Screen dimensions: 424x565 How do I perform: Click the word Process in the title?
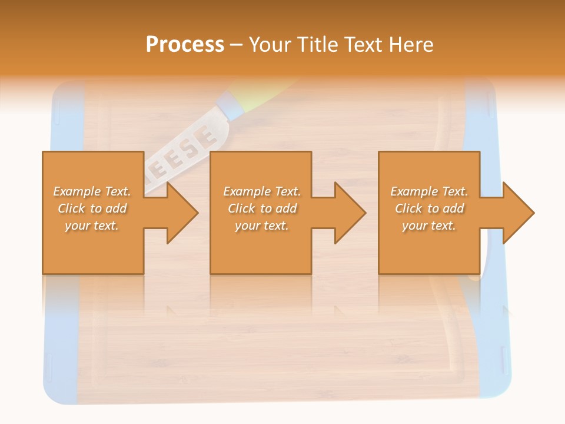coord(185,44)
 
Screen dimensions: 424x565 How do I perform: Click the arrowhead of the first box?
coord(181,213)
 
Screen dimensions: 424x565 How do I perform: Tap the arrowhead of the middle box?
coord(350,213)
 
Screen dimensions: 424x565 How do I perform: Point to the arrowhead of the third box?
coord(518,213)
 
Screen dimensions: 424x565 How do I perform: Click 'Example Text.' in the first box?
coord(92,191)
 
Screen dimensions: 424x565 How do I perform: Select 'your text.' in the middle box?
coord(261,226)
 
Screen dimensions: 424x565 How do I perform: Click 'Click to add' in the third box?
coord(429,208)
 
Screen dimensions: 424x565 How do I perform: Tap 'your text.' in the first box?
coord(92,226)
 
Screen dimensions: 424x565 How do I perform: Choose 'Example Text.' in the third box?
coord(429,191)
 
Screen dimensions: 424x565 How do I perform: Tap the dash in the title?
coord(236,45)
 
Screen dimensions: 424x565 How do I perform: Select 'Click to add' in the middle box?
coord(262,208)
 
